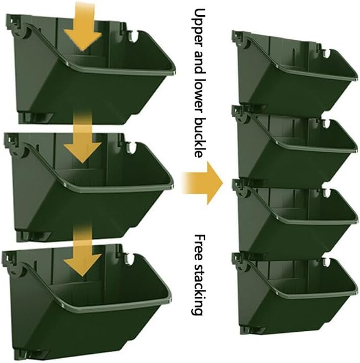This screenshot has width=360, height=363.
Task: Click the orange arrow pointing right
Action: coord(203,182)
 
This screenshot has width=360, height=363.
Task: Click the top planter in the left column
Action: coord(86,81)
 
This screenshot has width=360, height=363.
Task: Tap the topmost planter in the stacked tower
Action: coord(290,75)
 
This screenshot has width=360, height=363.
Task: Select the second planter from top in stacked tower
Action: coord(290,148)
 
